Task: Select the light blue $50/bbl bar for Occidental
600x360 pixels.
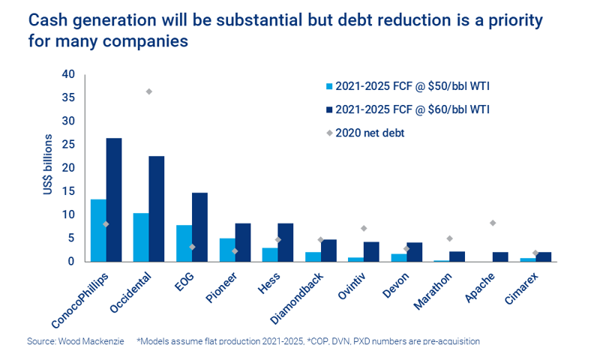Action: tap(141, 237)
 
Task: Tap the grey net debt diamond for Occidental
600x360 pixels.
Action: tap(148, 91)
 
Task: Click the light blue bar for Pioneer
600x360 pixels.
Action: tap(227, 250)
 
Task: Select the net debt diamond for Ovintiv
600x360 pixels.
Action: tap(364, 228)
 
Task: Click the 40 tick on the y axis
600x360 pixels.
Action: tap(69, 74)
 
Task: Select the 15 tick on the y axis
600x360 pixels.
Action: tap(69, 191)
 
